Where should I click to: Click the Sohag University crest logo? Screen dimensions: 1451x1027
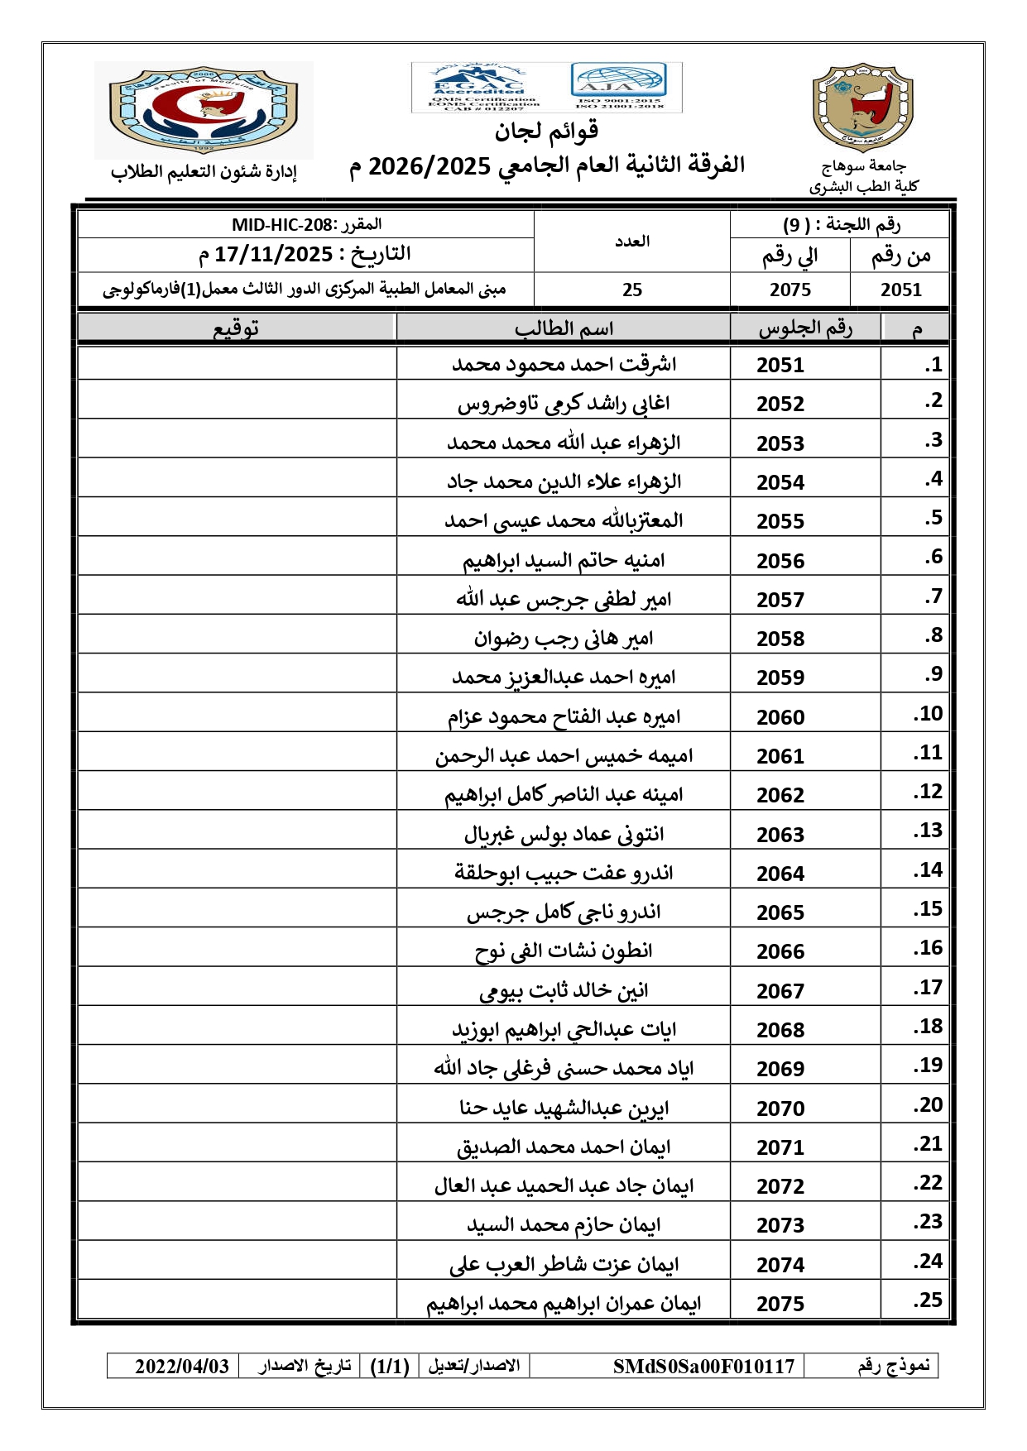863,108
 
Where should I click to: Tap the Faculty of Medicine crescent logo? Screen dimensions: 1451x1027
204,109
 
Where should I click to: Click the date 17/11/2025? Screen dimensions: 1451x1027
273,255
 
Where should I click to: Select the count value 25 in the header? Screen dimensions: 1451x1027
632,290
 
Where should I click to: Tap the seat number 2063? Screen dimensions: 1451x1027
780,835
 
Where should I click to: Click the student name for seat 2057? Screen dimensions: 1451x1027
564,599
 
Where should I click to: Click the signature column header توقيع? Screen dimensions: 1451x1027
237,328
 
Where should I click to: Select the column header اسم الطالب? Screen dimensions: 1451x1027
564,328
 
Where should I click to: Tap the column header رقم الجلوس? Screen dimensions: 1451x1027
804,328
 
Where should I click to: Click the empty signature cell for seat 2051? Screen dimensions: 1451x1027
237,364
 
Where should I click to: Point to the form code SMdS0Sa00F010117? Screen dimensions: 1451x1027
703,1366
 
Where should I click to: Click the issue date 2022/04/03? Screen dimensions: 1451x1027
182,1366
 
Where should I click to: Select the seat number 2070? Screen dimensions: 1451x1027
780,1109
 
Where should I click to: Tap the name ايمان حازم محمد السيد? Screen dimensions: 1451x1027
564,1224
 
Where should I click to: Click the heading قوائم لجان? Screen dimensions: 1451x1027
546,131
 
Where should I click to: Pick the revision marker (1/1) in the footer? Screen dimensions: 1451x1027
390,1366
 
